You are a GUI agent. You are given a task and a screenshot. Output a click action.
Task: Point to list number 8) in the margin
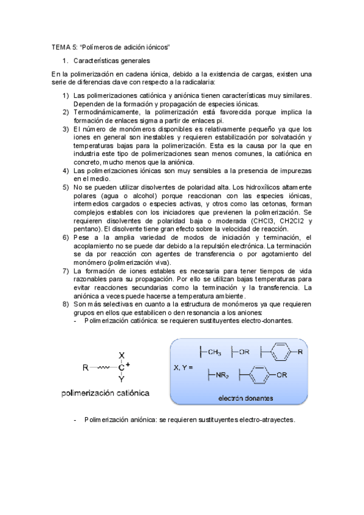point(66,304)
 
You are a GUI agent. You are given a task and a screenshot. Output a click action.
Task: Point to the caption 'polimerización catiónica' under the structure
point(106,393)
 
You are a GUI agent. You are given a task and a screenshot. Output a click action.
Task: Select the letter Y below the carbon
point(122,379)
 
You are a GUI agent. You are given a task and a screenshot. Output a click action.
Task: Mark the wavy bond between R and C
point(101,367)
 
